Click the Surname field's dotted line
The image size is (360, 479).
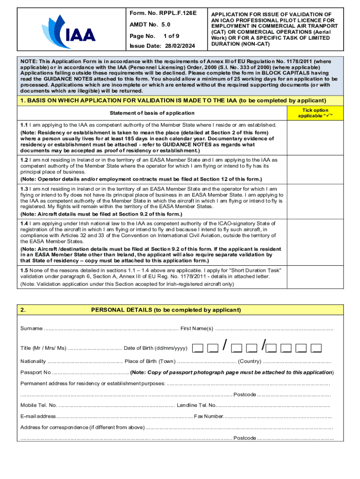pyautogui.click(x=111, y=328)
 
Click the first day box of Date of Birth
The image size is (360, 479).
pyautogui.click(x=198, y=348)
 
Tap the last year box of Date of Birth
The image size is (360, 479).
pyautogui.click(x=317, y=348)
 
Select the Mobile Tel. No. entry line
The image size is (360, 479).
pyautogui.click(x=117, y=406)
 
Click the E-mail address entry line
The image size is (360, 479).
pyautogui.click(x=124, y=416)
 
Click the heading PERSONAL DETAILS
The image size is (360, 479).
pyautogui.click(x=166, y=310)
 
